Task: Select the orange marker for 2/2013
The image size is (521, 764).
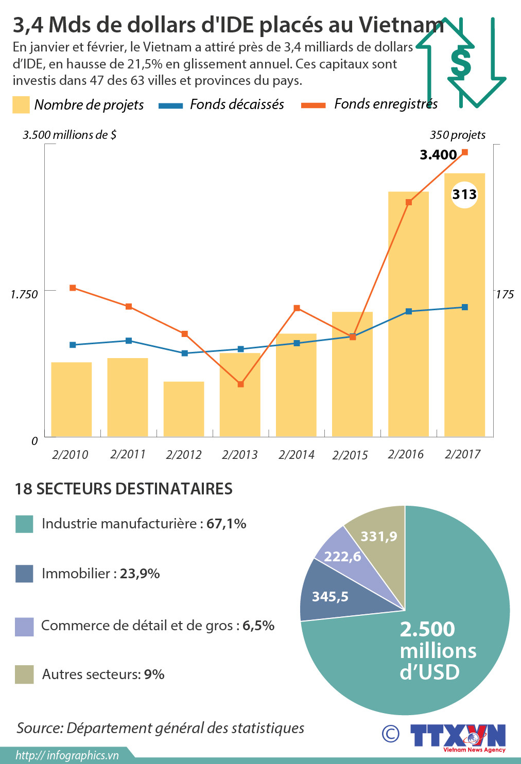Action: tap(240, 384)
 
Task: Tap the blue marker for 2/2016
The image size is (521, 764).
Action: tap(409, 311)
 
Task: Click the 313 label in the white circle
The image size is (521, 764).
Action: tap(464, 194)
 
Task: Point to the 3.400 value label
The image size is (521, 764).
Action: tap(438, 155)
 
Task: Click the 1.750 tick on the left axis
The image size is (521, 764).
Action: tap(24, 294)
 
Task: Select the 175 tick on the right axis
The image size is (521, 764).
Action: tap(505, 294)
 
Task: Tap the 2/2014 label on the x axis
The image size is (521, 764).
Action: tap(296, 455)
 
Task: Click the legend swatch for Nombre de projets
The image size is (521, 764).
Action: tap(21, 105)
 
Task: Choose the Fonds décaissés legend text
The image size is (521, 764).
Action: tap(237, 104)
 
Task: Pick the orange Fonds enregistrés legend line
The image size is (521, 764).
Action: tap(313, 105)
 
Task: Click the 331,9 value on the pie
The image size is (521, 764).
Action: tap(379, 537)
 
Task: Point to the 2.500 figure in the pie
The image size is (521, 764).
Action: tap(427, 629)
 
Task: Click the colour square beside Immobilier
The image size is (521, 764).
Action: tap(24, 574)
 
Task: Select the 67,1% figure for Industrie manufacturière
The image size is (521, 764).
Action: tap(226, 524)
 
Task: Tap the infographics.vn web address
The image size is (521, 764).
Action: tap(67, 755)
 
